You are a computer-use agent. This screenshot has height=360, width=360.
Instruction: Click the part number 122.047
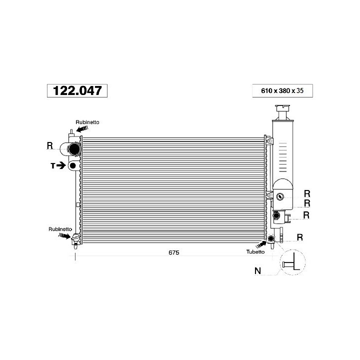click(x=77, y=90)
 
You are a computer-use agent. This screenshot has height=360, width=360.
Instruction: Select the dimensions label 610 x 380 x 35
click(x=282, y=90)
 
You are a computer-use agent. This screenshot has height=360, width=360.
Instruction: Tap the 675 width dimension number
click(x=174, y=252)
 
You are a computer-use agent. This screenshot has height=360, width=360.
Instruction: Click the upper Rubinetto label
click(x=87, y=122)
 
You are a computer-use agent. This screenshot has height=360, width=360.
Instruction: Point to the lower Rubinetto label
click(x=60, y=229)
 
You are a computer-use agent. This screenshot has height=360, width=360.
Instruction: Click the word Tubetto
click(x=255, y=251)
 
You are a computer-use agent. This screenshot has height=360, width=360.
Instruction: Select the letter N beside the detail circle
click(x=258, y=271)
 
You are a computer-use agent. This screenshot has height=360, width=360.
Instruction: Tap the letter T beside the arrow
click(x=53, y=165)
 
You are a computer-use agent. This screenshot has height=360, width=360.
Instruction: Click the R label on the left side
click(x=50, y=145)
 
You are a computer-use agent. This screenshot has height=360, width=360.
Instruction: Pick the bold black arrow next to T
click(x=61, y=165)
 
